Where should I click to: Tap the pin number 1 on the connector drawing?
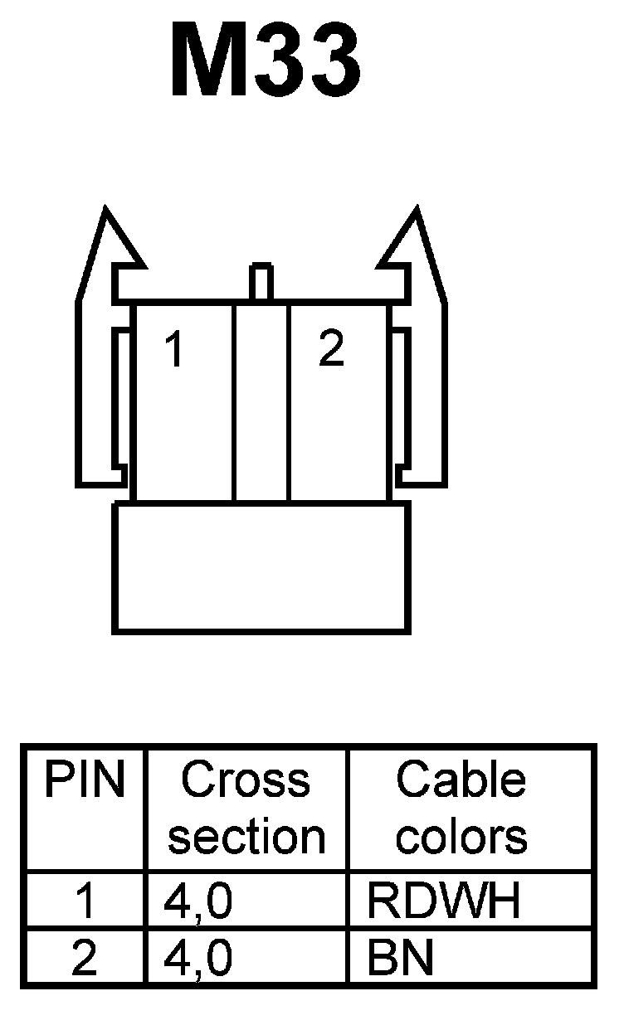[x=173, y=350]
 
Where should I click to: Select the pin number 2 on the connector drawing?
[x=331, y=350]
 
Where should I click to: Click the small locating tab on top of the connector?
[x=261, y=282]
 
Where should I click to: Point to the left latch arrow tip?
[x=105, y=214]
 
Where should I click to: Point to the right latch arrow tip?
[x=417, y=214]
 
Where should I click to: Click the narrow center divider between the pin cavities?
[x=261, y=402]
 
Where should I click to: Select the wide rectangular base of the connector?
[x=261, y=568]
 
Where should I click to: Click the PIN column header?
[x=85, y=780]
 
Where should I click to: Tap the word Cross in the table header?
[x=246, y=780]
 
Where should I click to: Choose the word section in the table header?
[x=246, y=837]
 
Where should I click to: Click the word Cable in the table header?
[x=461, y=780]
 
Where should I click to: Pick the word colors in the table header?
[x=461, y=837]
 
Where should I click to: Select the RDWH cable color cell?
[x=445, y=902]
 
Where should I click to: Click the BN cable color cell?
[x=401, y=959]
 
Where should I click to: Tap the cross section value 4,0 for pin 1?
[x=197, y=902]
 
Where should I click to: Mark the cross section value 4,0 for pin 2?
[x=197, y=959]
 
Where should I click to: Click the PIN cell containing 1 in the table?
[x=85, y=902]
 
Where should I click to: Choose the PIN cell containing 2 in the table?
[x=85, y=959]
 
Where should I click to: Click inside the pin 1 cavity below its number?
[x=183, y=431]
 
